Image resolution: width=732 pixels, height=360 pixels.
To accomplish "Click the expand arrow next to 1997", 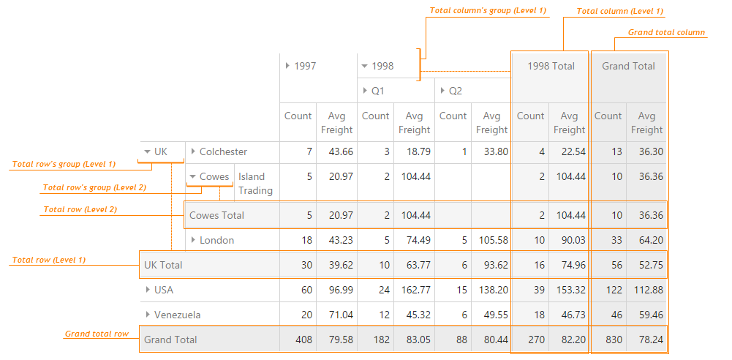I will tap(288, 66).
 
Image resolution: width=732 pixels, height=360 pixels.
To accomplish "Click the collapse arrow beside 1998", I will tap(365, 66).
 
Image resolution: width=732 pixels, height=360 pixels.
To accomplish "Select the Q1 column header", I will tap(377, 91).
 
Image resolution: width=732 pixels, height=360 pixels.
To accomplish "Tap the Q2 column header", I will tap(455, 91).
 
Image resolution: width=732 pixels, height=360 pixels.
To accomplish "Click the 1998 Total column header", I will tap(550, 66).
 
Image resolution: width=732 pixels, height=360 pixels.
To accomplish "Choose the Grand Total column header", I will tap(628, 66).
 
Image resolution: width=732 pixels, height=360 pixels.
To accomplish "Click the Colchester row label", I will tap(223, 151).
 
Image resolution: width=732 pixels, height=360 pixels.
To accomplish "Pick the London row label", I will tap(216, 240).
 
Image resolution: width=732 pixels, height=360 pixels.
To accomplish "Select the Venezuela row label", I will tap(177, 315).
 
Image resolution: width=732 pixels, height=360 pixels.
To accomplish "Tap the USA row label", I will tap(164, 290).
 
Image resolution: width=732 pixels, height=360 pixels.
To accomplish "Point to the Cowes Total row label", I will tap(216, 215).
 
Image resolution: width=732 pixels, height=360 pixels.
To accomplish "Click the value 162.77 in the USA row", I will tap(414, 290).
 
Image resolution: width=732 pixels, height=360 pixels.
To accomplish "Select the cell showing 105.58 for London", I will tap(491, 240).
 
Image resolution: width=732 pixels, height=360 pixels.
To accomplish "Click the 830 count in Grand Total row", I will tap(608, 340).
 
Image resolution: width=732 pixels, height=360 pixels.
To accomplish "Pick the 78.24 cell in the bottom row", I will tap(646, 340).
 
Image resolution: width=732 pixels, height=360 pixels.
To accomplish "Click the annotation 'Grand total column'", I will tap(666, 32).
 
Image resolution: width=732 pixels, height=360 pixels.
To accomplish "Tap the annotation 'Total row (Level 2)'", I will tap(80, 209).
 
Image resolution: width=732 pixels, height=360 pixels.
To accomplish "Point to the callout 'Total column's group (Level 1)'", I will tap(488, 11).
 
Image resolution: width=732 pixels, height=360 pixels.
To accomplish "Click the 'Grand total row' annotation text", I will tap(97, 334).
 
